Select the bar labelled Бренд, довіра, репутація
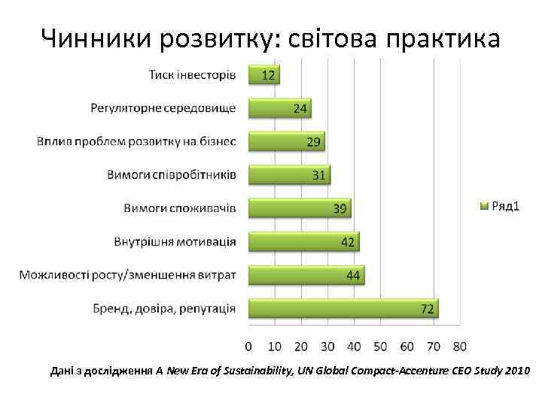(x=343, y=308)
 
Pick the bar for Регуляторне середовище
(x=279, y=108)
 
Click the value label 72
(x=428, y=309)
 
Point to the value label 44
(x=353, y=276)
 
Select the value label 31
(x=318, y=175)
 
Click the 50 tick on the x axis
(x=380, y=347)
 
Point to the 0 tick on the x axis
(x=248, y=347)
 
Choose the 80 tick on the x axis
(x=459, y=347)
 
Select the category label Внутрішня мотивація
(x=175, y=242)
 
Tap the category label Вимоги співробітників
(x=171, y=175)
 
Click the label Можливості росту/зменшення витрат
(x=128, y=275)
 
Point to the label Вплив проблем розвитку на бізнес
(x=136, y=141)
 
